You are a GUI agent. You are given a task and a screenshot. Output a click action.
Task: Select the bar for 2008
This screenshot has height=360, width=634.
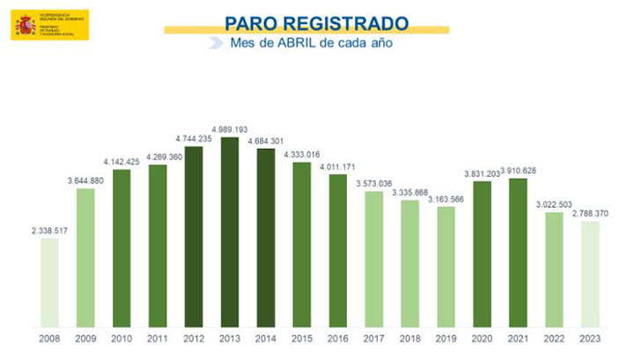tap(49, 283)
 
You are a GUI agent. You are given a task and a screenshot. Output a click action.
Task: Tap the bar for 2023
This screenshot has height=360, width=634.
tap(590, 274)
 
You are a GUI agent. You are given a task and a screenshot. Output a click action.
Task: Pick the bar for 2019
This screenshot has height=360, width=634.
tap(446, 267)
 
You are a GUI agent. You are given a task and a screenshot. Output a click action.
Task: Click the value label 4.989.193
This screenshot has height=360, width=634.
tap(230, 130)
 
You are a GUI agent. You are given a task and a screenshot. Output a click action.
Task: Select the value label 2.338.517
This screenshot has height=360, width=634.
tap(49, 231)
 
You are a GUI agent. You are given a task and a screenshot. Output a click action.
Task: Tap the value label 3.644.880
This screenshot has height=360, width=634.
tap(85, 181)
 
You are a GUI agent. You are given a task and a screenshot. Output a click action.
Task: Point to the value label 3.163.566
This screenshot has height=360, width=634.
tap(446, 200)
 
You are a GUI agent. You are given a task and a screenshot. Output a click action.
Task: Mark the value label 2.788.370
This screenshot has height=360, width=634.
tap(590, 214)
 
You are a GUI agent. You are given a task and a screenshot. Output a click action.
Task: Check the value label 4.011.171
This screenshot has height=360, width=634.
tap(338, 167)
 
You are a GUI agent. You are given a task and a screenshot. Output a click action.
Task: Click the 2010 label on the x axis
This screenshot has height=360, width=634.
tap(122, 337)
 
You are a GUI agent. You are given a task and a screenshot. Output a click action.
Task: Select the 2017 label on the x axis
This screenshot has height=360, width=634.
tap(374, 337)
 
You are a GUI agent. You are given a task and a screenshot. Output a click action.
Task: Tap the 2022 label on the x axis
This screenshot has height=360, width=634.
tap(554, 337)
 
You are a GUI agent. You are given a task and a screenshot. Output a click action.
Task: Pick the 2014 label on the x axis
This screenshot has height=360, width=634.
tap(266, 337)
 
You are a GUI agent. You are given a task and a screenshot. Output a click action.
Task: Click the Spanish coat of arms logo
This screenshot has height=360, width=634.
tap(26, 24)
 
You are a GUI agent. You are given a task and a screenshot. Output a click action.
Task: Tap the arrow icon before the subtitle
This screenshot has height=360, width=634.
tap(216, 42)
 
